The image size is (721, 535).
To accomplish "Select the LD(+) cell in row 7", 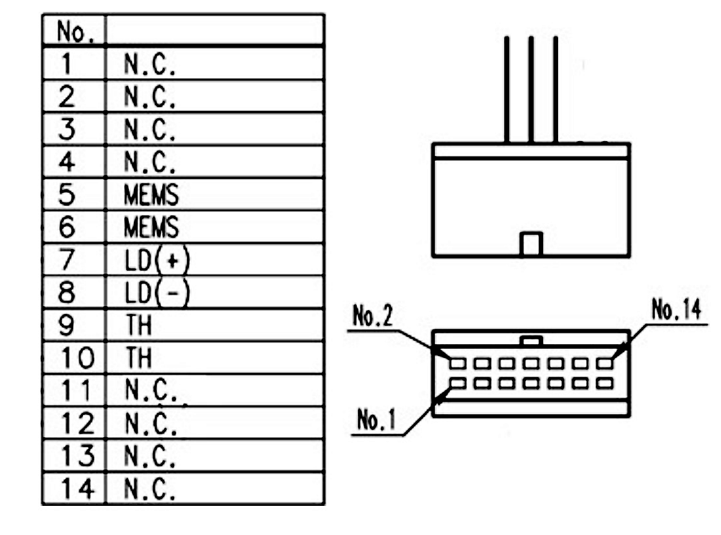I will pos(214,260).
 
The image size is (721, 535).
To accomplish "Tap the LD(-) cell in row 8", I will pos(214,293).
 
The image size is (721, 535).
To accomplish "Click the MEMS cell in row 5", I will pos(214,195).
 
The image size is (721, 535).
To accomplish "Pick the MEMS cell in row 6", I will pos(214,227).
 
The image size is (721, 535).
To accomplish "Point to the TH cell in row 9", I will pos(214,325).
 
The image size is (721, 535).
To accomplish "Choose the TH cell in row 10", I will pos(214,358).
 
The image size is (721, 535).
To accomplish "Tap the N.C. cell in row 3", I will pos(214,129).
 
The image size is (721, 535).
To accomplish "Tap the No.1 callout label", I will pos(377,422).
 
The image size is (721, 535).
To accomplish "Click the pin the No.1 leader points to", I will pos(457,383).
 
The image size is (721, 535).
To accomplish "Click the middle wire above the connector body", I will pos(531,90).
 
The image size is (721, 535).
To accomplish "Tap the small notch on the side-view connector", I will pos(531,244).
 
